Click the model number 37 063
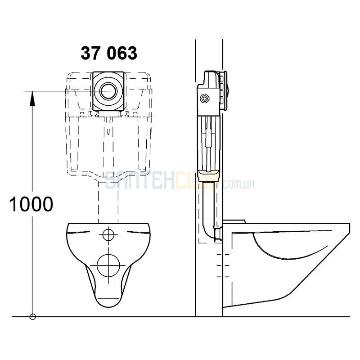(109, 53)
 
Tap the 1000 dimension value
(31, 204)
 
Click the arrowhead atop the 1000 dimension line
(32, 99)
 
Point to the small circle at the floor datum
(32, 317)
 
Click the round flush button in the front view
(108, 91)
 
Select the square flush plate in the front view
(108, 91)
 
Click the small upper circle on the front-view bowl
(108, 234)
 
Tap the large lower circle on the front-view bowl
(108, 265)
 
